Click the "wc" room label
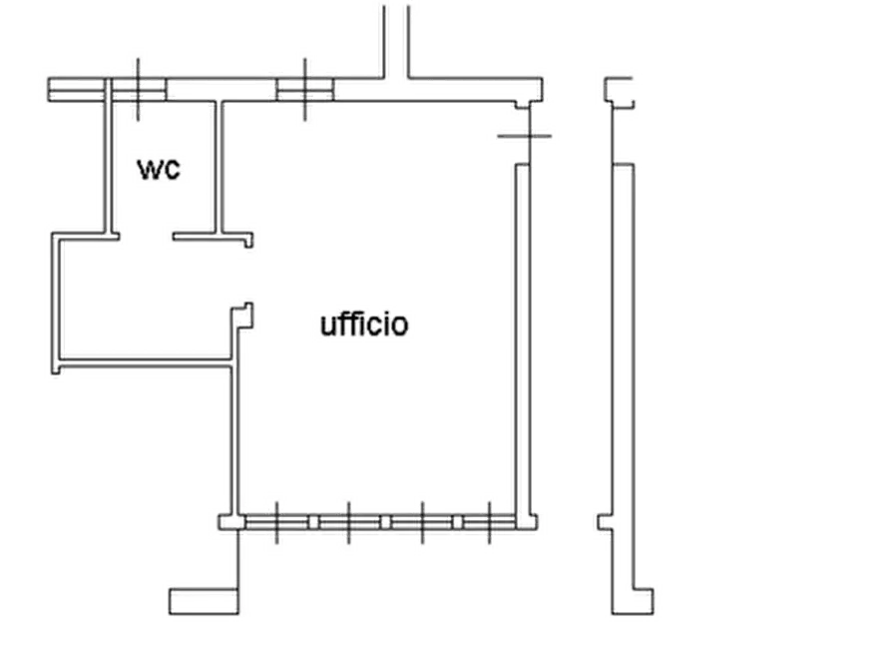[160, 170]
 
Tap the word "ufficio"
[364, 325]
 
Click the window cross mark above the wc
[136, 89]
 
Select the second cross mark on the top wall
[303, 91]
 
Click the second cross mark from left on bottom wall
[348, 522]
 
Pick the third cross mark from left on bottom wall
[422, 522]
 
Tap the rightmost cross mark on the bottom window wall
[490, 522]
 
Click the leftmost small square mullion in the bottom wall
[313, 522]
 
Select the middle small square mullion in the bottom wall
[385, 522]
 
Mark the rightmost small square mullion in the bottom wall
[457, 522]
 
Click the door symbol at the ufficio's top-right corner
[521, 133]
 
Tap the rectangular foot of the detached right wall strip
[635, 598]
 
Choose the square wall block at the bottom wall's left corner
[229, 522]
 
